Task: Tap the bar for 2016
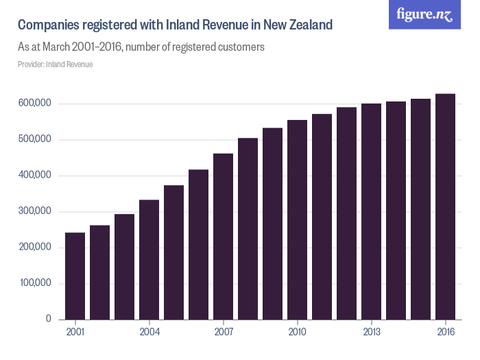click(x=446, y=206)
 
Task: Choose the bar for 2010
click(x=298, y=219)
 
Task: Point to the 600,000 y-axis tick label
click(x=34, y=104)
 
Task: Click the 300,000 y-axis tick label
click(x=34, y=211)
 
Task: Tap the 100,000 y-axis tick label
click(x=34, y=283)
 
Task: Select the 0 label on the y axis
click(x=48, y=319)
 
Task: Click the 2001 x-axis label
click(x=75, y=333)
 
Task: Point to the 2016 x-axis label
click(x=446, y=333)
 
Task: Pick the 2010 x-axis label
click(x=298, y=333)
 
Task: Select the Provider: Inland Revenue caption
click(x=55, y=64)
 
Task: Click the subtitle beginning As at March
click(x=141, y=48)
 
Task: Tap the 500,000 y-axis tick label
click(x=34, y=140)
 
